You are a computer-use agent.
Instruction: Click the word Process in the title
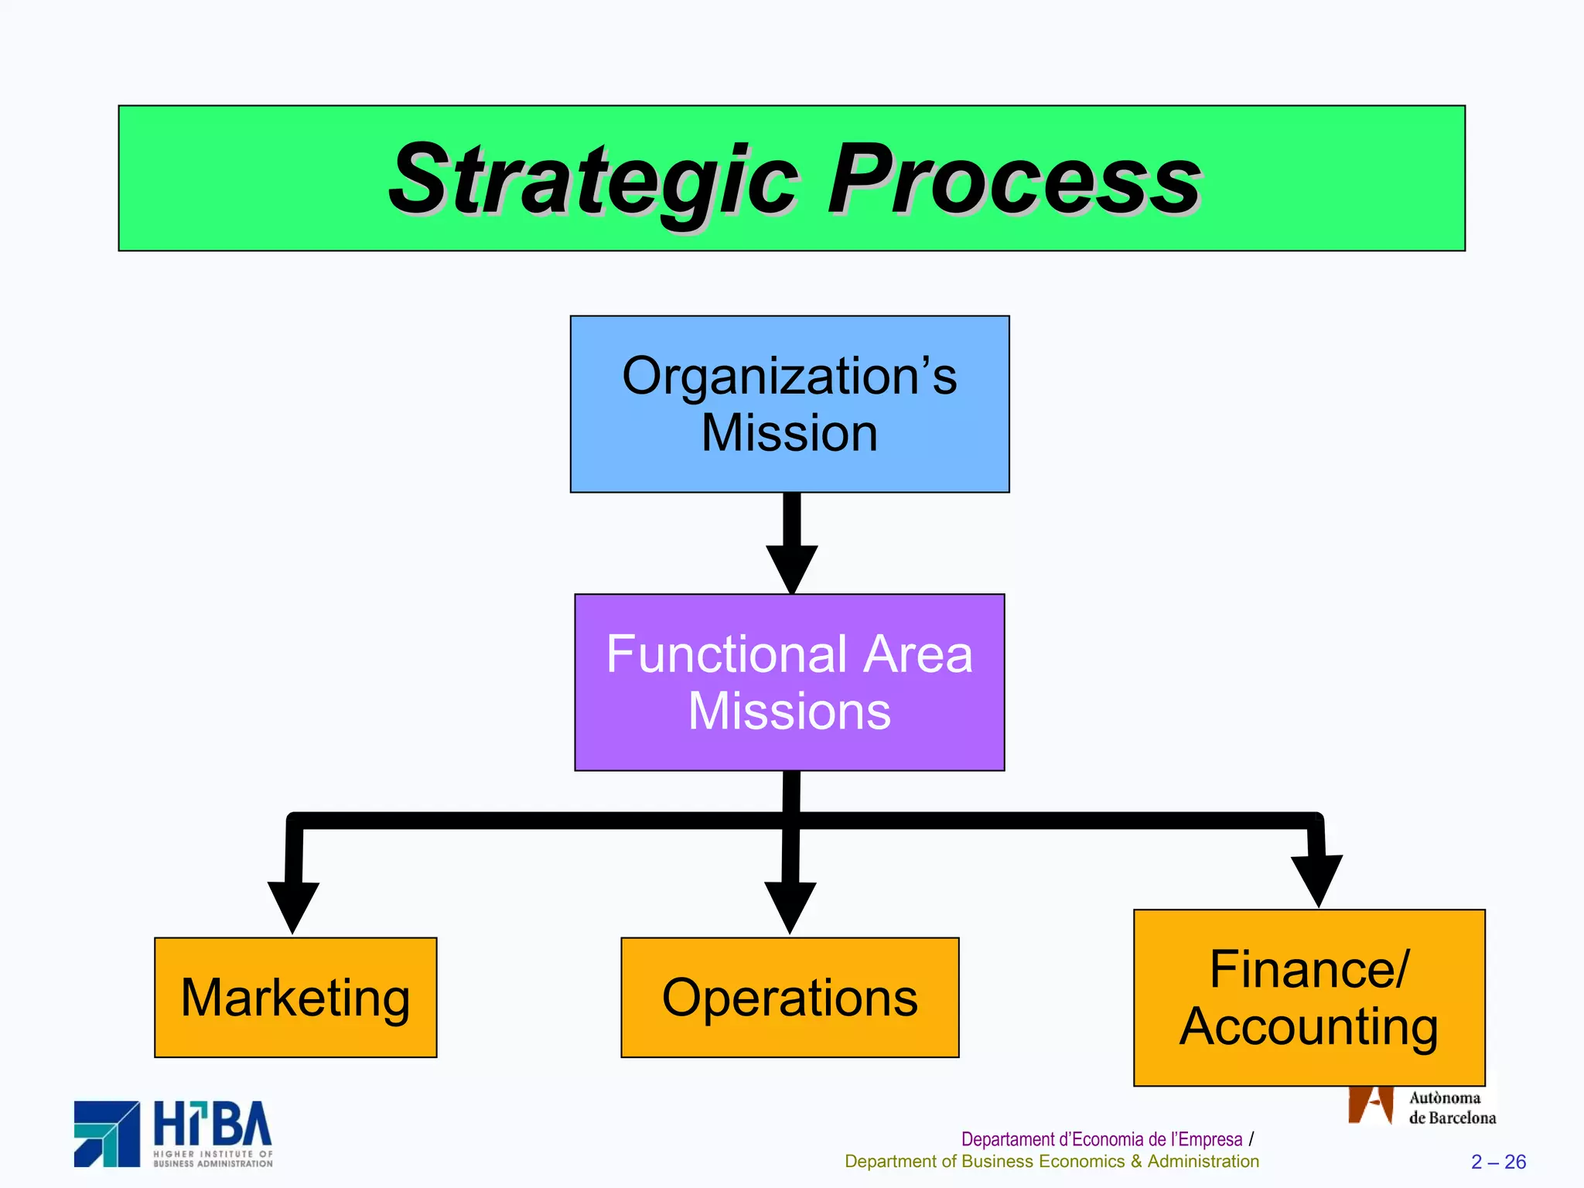coord(1013,182)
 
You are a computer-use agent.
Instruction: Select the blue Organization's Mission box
coord(790,404)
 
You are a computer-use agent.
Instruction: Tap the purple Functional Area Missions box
coord(790,682)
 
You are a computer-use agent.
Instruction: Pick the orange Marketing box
coord(295,998)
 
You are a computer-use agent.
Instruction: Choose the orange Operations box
coord(790,998)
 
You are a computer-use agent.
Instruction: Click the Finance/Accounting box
coord(1309,998)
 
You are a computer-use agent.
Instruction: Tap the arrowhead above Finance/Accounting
coord(1316,879)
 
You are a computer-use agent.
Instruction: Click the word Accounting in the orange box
coord(1309,1027)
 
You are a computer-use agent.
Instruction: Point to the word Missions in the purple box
coord(790,712)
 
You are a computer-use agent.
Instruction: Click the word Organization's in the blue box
coord(790,377)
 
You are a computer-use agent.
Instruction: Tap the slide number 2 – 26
coord(1498,1162)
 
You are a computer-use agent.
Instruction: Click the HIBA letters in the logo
coord(213,1125)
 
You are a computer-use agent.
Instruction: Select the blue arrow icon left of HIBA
coord(107,1134)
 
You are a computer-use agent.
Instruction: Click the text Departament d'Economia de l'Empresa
coord(1101,1139)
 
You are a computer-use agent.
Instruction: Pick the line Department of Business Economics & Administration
coord(1052,1162)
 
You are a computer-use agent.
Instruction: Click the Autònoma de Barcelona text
coord(1451,1108)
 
